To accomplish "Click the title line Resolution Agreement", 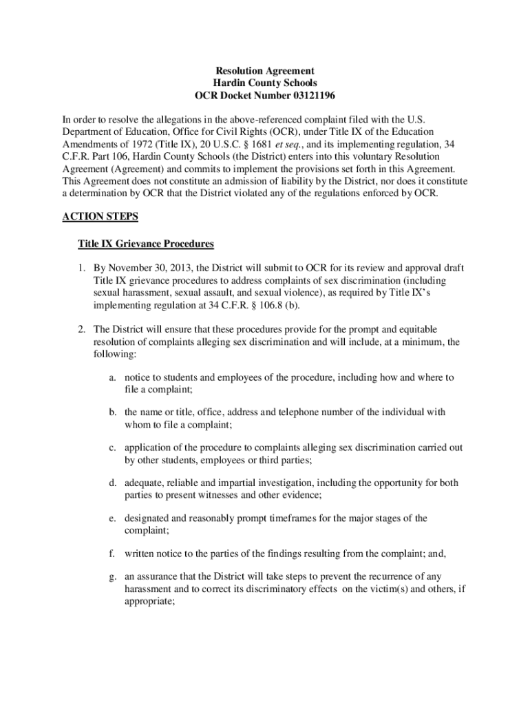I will tap(265, 71).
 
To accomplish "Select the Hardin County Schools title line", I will tap(265, 83).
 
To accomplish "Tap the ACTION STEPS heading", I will tap(100, 216).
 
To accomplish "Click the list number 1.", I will tap(81, 269).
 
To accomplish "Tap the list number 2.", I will tap(81, 329).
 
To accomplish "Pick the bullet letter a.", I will tap(112, 378).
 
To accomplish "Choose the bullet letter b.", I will tap(112, 412).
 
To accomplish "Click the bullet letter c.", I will tap(112, 448).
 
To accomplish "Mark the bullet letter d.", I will tap(112, 483).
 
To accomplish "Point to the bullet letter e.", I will tap(112, 518).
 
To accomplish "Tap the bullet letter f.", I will tap(112, 553).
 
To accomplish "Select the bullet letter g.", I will tap(112, 576).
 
